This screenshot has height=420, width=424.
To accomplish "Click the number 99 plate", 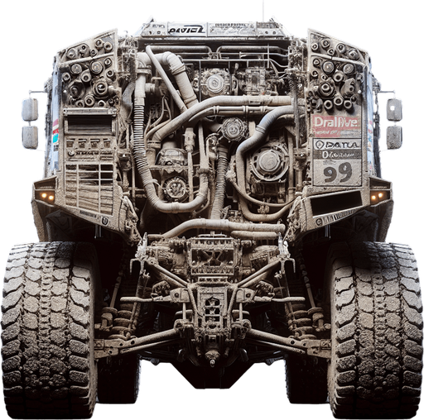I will (336, 172).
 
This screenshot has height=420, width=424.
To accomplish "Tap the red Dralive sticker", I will (335, 123).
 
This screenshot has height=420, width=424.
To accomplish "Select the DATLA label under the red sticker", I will (337, 143).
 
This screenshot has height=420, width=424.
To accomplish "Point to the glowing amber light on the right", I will (378, 196).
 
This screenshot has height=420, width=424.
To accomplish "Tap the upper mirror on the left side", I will (31, 108).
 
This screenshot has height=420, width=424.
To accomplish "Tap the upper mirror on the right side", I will (394, 108).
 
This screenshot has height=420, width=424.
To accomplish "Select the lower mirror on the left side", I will (31, 136).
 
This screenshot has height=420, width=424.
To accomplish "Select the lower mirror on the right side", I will (394, 136).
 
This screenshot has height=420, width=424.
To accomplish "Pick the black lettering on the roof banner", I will (185, 29).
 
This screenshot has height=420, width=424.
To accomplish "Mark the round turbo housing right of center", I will (269, 162).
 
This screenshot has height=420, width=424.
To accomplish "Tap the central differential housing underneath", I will (212, 310).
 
